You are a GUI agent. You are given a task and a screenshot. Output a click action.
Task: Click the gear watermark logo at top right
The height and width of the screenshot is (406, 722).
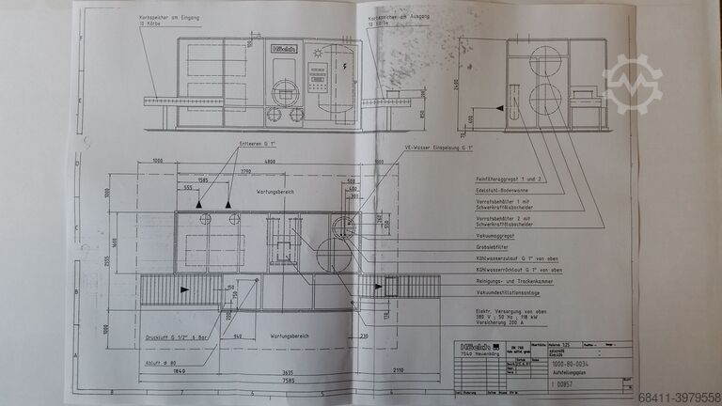tap(632, 85)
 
